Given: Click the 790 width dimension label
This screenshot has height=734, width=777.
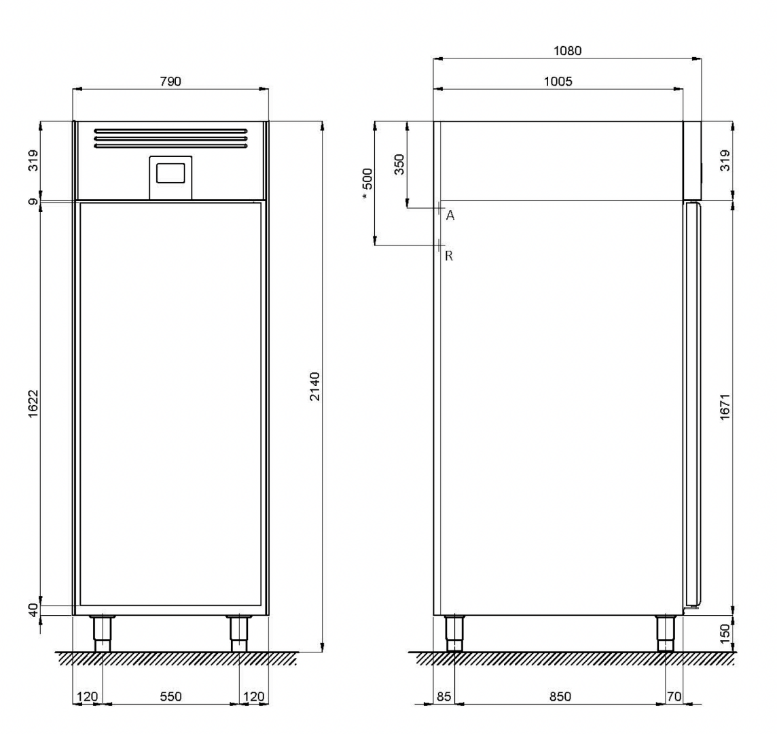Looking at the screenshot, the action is tap(170, 82).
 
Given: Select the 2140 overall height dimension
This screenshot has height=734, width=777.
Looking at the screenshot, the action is tap(315, 386).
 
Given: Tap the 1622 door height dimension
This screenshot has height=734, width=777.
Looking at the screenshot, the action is tap(33, 404).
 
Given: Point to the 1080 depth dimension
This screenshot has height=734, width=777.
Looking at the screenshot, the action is tap(567, 50).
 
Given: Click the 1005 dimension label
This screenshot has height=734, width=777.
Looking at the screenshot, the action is tap(558, 82).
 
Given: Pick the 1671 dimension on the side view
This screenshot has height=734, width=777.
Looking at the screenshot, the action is tap(725, 407).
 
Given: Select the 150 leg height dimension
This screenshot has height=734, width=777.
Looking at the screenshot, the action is tap(725, 634).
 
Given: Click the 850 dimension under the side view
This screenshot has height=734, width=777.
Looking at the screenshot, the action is tap(560, 697).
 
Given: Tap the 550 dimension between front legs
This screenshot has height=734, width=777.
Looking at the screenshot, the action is tap(170, 697).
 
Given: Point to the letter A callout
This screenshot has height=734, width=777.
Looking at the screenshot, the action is tap(450, 215).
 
